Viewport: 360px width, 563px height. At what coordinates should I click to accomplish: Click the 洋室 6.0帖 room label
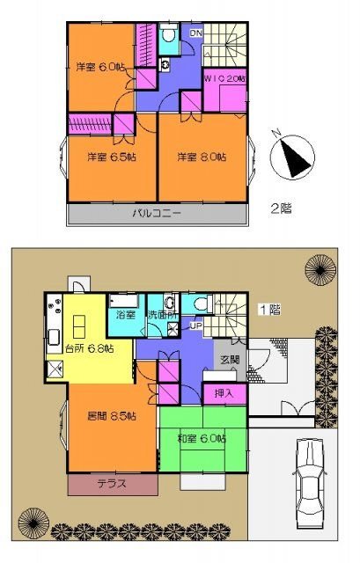99,68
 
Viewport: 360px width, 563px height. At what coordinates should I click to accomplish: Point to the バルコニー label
158,213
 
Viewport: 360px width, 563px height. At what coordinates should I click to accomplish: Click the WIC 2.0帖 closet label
224,79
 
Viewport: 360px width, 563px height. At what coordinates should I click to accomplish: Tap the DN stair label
196,33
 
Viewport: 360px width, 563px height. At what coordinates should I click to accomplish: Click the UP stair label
195,325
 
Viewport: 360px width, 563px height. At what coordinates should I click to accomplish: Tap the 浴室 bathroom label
123,314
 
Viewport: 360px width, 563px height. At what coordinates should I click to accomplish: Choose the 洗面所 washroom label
161,314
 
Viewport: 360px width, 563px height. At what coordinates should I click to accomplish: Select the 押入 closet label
224,394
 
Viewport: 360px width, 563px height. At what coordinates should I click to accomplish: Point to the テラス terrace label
111,484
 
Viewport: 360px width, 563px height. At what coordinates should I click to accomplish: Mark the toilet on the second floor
168,36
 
